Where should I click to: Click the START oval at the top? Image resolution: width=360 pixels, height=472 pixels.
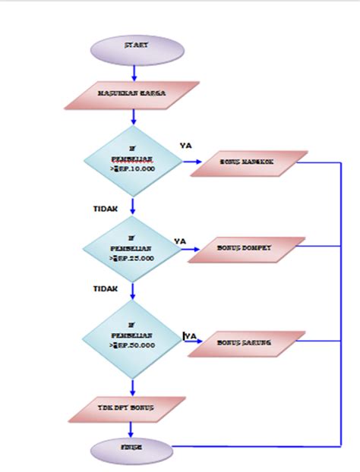pos(137,48)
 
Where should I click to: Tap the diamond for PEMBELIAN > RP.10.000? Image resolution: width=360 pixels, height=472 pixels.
pos(132,162)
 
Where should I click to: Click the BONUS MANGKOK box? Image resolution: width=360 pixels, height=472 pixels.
pos(248,162)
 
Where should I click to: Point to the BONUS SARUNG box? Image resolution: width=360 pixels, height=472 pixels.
pos(246,344)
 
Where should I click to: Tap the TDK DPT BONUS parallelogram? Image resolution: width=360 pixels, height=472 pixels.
pos(127,409)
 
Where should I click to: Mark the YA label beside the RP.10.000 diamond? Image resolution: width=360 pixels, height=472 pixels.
pos(185,145)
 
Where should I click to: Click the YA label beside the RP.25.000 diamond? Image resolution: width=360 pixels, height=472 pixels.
pos(180,241)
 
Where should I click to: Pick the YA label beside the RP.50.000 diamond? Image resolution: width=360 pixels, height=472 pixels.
pos(191,335)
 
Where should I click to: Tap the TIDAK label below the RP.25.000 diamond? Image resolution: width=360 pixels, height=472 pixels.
pos(104,288)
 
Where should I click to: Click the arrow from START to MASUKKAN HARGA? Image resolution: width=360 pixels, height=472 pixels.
pos(134,71)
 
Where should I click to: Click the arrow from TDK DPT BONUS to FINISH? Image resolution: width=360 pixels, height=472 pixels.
pos(132,430)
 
